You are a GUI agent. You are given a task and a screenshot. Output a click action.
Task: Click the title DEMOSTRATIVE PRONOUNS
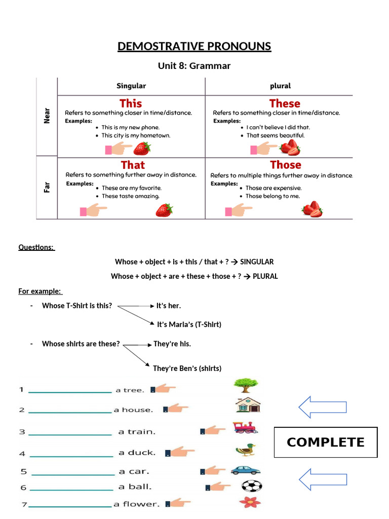[194, 47]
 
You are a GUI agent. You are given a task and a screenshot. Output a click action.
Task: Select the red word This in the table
[131, 103]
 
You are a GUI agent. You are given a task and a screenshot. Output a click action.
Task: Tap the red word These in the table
[285, 103]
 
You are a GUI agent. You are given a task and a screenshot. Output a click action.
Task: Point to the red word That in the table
[133, 165]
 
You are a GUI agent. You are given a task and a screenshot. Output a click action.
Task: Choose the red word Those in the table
[286, 165]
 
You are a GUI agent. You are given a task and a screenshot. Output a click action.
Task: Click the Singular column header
[131, 86]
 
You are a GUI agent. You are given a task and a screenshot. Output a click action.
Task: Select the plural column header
[281, 86]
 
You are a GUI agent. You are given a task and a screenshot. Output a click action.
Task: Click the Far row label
[47, 187]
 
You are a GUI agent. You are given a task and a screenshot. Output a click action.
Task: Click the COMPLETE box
[326, 442]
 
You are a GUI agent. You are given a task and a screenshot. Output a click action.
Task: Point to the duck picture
[246, 449]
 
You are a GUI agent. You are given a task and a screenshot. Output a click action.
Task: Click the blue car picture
[246, 470]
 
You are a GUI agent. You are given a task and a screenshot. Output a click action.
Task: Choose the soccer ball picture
[251, 487]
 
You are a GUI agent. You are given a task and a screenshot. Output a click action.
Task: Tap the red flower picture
[249, 502]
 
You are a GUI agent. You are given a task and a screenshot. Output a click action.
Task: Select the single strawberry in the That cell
[164, 210]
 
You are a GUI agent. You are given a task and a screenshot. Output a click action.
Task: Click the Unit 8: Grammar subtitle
[194, 66]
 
